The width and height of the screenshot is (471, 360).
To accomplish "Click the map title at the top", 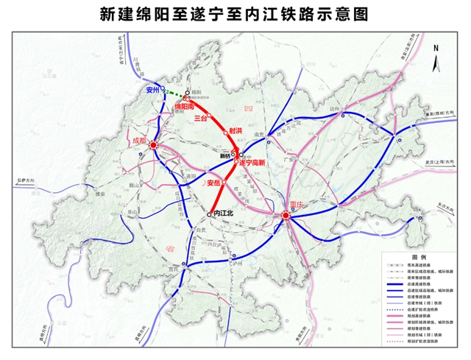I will point(235,14).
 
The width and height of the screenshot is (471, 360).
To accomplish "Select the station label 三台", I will point(200,118).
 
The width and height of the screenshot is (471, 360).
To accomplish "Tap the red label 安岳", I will point(213,182).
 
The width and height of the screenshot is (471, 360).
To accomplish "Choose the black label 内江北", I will point(220,213).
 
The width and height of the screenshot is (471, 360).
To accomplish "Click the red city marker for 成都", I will point(154,147).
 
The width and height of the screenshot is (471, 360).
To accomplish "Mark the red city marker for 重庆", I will point(286,215).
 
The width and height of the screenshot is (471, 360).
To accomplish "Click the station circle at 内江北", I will point(209,213).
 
